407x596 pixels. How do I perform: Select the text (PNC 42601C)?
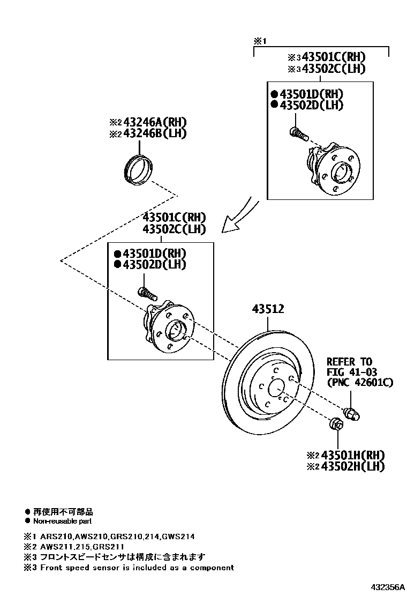tap(360, 383)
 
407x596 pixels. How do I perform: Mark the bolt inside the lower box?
tap(146, 293)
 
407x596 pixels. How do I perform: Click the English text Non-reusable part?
tap(62, 521)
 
